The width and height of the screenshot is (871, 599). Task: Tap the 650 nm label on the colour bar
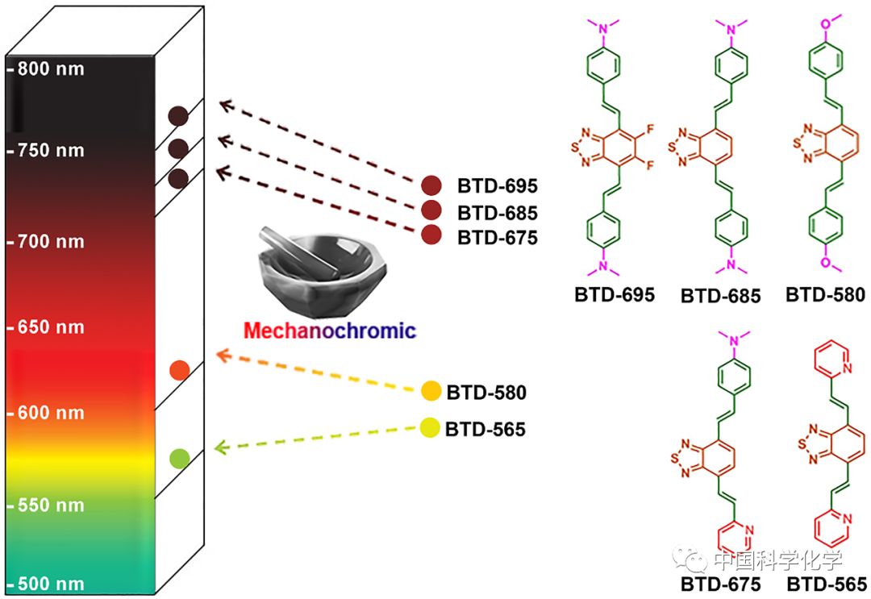click(50, 327)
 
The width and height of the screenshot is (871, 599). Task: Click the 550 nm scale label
click(50, 506)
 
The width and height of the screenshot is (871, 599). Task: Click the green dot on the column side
click(179, 459)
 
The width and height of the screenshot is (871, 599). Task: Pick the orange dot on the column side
click(179, 370)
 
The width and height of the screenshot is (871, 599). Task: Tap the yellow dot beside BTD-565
click(431, 428)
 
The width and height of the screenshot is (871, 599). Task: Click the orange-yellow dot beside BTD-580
click(431, 392)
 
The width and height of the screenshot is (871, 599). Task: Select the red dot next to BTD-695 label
click(431, 186)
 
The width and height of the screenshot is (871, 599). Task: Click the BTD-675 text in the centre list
click(497, 238)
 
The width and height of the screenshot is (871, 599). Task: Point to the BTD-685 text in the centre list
click(497, 213)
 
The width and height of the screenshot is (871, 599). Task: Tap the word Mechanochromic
click(330, 331)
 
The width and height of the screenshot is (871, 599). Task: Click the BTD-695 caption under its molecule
click(615, 295)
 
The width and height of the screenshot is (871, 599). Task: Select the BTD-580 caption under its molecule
click(825, 295)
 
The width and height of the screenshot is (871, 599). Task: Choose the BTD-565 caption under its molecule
click(827, 584)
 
